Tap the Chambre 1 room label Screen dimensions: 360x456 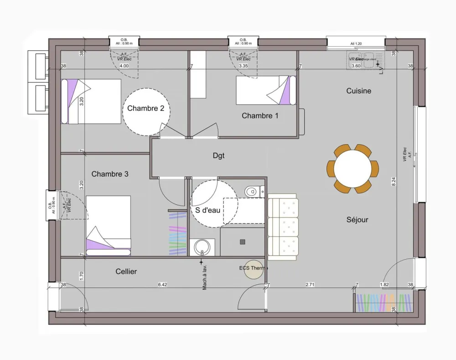260,116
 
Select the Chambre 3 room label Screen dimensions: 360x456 110,174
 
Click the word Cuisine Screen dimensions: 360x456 358,91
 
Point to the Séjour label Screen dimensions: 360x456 357,219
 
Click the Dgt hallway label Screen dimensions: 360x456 218,156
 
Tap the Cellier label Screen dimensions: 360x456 126,271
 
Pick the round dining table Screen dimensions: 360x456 352,168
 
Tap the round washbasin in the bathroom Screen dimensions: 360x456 202,248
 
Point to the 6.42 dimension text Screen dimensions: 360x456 162,285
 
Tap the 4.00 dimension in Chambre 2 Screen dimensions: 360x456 124,66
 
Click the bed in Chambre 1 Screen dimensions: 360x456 265,90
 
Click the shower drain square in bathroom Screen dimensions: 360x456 243,242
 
